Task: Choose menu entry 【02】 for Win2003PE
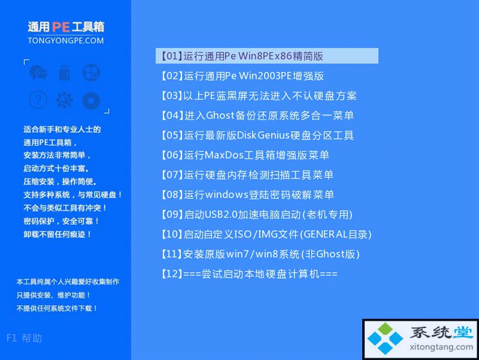pos(242,76)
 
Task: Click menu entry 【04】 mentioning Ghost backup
pos(258,116)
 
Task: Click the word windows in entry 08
pos(227,194)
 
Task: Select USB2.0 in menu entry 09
pos(221,215)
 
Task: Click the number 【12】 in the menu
pos(172,274)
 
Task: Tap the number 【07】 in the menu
pos(172,175)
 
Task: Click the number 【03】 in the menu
pos(172,95)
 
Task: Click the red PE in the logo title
pos(61,27)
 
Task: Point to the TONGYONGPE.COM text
pos(66,41)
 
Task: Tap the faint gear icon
pos(64,100)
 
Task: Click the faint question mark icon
pos(38,100)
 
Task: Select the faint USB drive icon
pos(65,73)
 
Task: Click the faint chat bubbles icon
pos(38,73)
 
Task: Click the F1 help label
pos(24,338)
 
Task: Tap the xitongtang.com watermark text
pos(441,347)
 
